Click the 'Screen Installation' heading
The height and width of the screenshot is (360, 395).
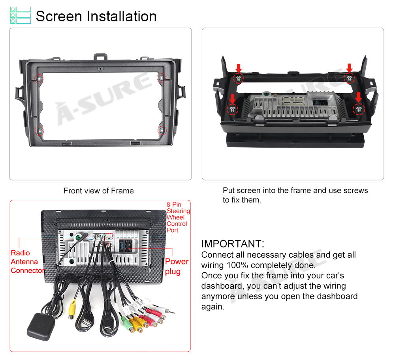pos(96,16)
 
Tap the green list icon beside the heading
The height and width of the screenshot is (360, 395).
pos(21,15)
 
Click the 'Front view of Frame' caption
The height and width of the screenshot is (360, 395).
pos(98,191)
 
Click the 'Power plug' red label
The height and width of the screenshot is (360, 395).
pos(177,266)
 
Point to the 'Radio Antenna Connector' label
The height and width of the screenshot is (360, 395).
pos(28,262)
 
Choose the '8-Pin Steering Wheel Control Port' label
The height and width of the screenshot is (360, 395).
pos(178,217)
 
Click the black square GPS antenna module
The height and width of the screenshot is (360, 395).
pos(41,327)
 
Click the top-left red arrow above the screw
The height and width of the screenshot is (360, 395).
pos(239,68)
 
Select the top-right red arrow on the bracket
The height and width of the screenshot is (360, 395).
pos(349,68)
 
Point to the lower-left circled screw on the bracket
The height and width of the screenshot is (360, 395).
pos(232,109)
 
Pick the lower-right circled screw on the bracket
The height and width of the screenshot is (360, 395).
pos(359,109)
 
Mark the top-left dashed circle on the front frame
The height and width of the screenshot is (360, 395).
pos(39,79)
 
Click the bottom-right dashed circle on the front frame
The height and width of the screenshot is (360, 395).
pos(162,130)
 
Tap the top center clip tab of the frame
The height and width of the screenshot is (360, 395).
pos(100,57)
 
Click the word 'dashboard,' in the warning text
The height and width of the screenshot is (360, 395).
pos(223,286)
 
